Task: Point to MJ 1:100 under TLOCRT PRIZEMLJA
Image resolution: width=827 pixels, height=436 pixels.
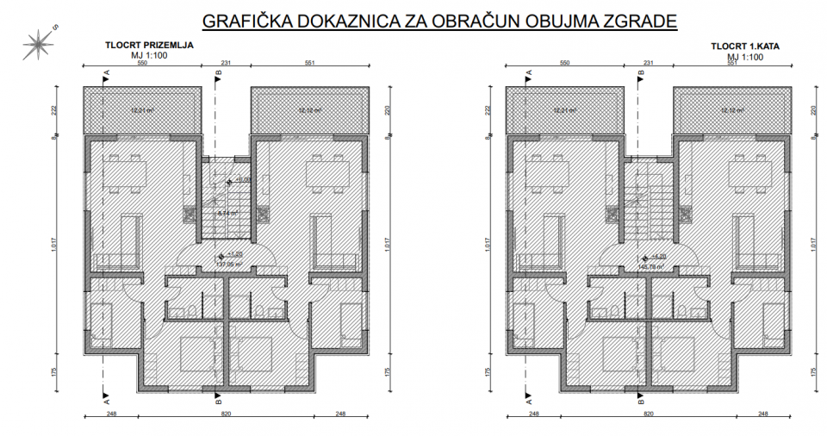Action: pyautogui.click(x=150, y=56)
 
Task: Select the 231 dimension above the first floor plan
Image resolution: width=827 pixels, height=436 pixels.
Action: pyautogui.click(x=649, y=64)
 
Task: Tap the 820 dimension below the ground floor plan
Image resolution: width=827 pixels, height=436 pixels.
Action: pyautogui.click(x=227, y=416)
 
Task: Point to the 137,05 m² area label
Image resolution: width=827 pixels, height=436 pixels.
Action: pyautogui.click(x=227, y=265)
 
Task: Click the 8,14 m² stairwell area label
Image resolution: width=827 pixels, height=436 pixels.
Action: pyautogui.click(x=227, y=213)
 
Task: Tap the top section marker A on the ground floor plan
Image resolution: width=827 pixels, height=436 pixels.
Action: pyautogui.click(x=106, y=76)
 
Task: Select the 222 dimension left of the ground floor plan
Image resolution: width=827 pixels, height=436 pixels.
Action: pyautogui.click(x=53, y=110)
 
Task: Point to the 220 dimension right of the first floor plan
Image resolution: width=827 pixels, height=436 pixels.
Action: pyautogui.click(x=815, y=110)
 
